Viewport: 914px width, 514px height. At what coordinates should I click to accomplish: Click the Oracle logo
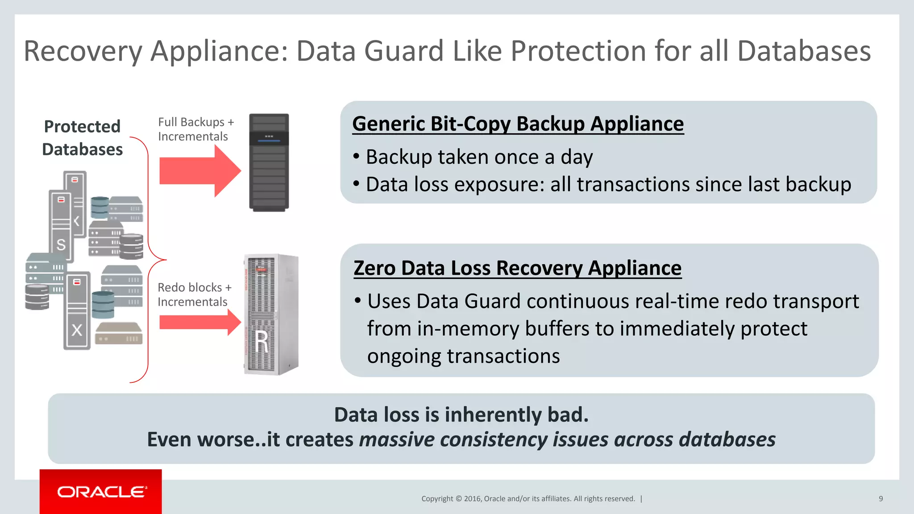(101, 492)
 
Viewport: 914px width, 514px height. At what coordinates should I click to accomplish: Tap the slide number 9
(881, 499)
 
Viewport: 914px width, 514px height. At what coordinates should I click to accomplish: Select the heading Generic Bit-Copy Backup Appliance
(518, 124)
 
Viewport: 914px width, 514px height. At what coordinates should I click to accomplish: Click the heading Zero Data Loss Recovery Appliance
(517, 268)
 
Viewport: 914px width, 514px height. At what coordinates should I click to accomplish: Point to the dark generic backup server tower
(269, 162)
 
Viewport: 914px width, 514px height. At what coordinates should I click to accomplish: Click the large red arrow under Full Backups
(199, 171)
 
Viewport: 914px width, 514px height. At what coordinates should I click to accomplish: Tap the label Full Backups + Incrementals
(195, 129)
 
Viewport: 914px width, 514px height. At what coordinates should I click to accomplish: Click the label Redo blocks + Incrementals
(194, 294)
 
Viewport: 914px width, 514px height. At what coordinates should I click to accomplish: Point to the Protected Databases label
(82, 138)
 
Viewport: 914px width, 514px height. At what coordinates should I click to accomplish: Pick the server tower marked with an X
(77, 311)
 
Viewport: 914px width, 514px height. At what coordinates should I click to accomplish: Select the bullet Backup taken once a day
(479, 157)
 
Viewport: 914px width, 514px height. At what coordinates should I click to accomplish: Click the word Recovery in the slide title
(83, 51)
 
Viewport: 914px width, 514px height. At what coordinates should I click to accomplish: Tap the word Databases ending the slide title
(804, 51)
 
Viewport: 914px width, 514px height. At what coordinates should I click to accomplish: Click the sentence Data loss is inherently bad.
(461, 415)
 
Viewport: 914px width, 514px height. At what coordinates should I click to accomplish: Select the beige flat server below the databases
(119, 333)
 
